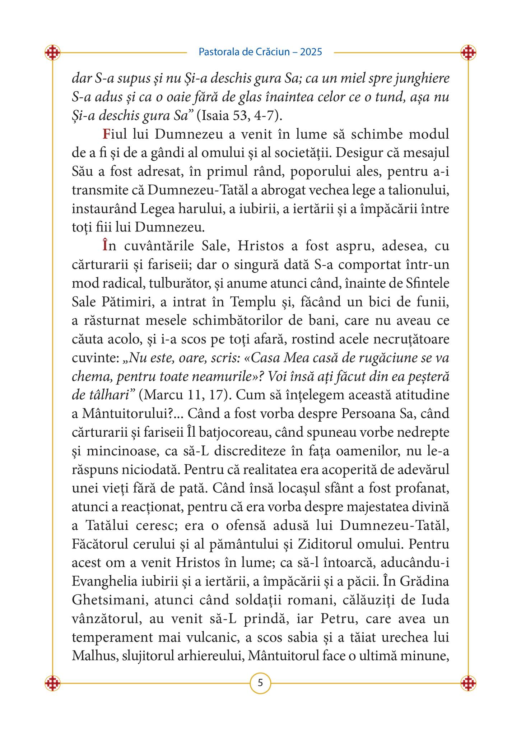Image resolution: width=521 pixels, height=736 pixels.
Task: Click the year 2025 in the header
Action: click(x=311, y=52)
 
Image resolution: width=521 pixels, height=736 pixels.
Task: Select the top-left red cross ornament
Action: click(x=52, y=53)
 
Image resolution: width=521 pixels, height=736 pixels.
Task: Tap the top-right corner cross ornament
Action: click(x=468, y=53)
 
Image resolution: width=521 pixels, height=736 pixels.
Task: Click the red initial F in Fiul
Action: click(x=106, y=135)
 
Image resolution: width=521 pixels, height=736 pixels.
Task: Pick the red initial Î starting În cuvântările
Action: click(x=105, y=246)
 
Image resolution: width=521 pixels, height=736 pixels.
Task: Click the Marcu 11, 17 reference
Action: click(x=184, y=395)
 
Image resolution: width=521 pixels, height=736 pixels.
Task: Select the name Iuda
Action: click(x=435, y=600)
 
